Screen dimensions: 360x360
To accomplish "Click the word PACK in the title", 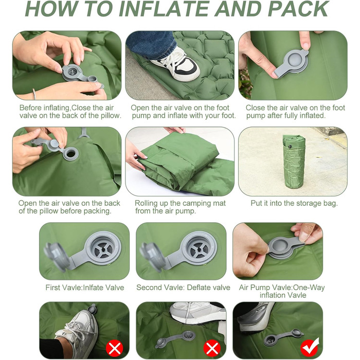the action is tap(298, 9).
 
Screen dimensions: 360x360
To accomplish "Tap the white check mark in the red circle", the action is tap(310, 348).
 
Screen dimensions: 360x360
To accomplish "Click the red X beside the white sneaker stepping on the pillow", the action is tap(114, 349).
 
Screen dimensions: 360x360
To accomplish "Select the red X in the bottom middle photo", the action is tap(212, 349).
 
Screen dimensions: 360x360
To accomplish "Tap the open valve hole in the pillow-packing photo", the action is tap(71, 154).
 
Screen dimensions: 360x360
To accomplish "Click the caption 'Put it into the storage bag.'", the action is tap(294, 204).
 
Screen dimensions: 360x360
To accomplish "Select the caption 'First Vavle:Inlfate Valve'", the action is tap(85, 287).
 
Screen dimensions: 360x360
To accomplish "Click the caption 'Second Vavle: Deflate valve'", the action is tap(183, 287).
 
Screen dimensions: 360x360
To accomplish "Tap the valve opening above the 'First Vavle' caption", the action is tap(103, 248).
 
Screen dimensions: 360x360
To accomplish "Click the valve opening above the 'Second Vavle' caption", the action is tap(199, 248).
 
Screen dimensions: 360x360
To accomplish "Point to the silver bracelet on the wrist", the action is tap(34, 94).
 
